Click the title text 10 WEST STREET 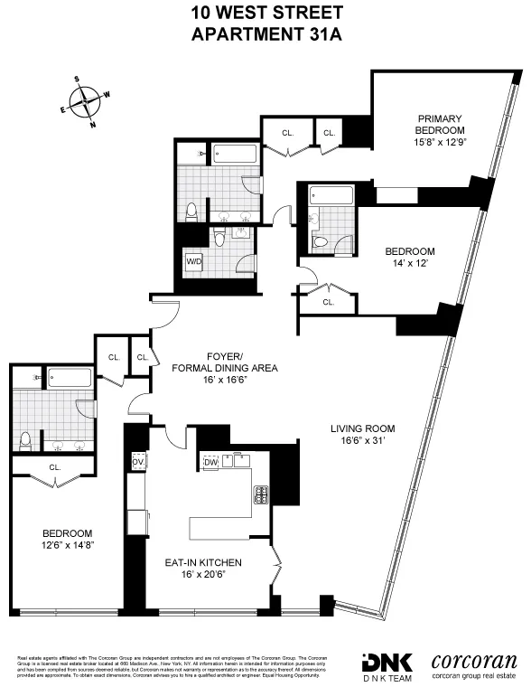[267, 13]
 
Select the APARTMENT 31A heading [267, 33]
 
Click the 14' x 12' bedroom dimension [410, 264]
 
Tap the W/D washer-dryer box [194, 261]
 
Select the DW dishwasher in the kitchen [210, 463]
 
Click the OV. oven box [138, 463]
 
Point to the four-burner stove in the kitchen [261, 494]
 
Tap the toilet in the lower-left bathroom [25, 440]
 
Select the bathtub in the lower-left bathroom [69, 378]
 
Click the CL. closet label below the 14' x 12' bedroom [328, 303]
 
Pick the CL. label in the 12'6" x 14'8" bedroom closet [55, 467]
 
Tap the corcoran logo [473, 663]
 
